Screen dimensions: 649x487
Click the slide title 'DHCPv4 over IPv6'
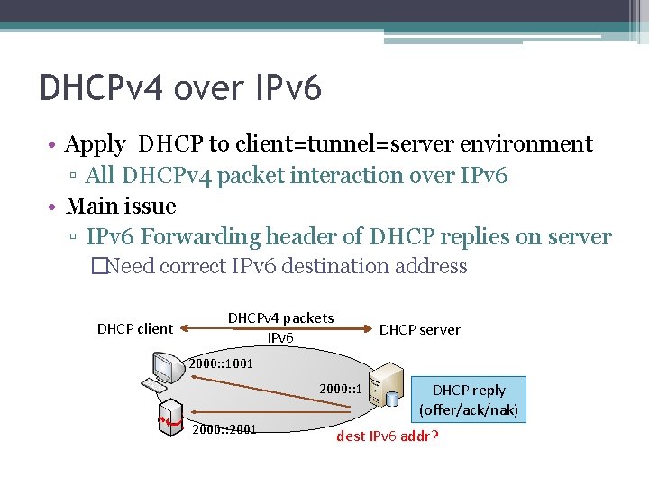point(180,89)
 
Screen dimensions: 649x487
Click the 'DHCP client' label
point(134,328)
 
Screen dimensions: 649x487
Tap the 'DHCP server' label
point(419,330)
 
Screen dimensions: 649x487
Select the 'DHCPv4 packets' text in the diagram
point(280,317)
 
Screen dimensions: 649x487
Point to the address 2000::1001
point(221,364)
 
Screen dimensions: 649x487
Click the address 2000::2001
point(224,428)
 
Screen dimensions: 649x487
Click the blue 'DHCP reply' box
point(468,400)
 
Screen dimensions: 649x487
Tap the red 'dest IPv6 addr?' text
point(387,437)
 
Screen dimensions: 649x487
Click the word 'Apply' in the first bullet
point(96,144)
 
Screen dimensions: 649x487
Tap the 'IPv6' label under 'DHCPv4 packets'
point(280,337)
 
